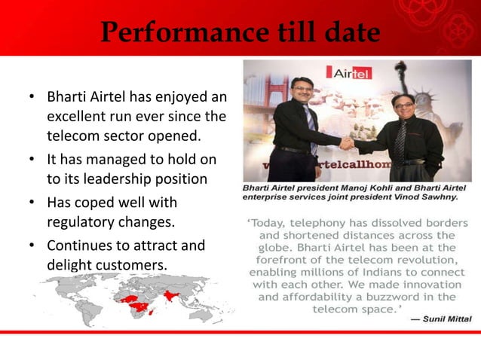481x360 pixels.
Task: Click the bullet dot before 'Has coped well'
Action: tap(32, 203)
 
